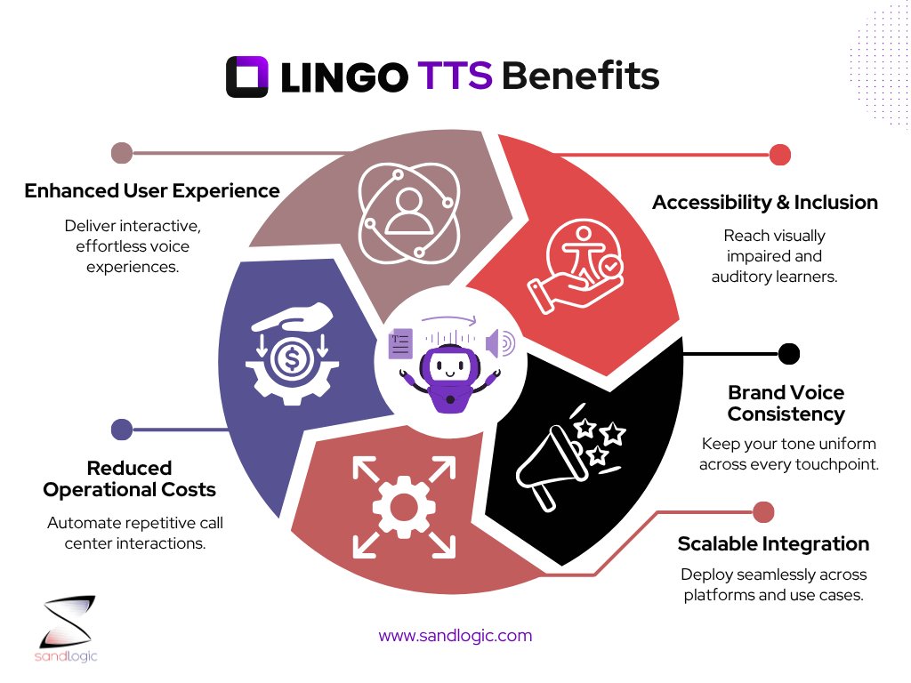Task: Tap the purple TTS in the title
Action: click(x=455, y=77)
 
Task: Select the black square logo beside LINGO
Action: click(x=247, y=77)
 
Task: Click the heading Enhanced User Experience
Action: click(x=152, y=190)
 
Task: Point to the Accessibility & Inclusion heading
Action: click(x=765, y=203)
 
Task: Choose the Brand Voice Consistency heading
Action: click(x=786, y=404)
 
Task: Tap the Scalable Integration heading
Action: click(x=773, y=543)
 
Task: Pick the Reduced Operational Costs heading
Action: click(x=130, y=478)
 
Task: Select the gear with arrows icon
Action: click(x=391, y=508)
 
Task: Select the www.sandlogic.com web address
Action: click(x=455, y=636)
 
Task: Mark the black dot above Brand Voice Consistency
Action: click(x=788, y=354)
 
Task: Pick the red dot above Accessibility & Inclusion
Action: click(x=779, y=155)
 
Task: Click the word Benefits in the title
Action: click(x=581, y=77)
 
